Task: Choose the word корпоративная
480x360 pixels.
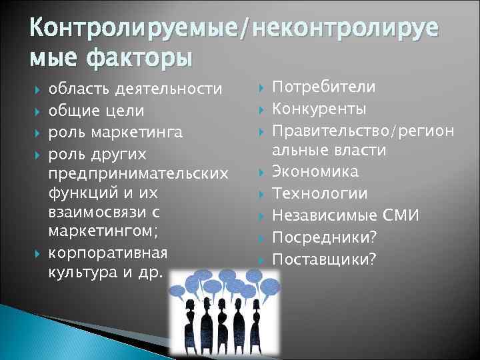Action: (107, 255)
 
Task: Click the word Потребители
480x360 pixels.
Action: (324, 87)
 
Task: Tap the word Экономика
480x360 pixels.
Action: (316, 171)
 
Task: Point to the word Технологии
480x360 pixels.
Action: (319, 193)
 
